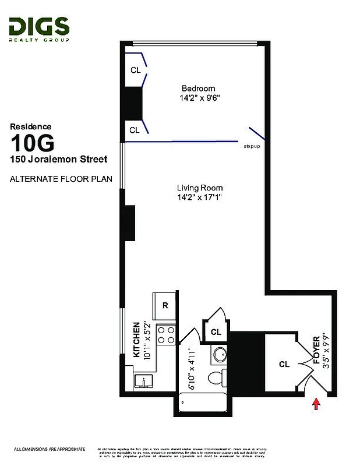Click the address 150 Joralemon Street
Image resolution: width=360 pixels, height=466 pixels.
(58, 158)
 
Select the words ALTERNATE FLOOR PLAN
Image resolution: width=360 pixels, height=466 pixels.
(61, 179)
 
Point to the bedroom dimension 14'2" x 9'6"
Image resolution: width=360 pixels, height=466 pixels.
(199, 98)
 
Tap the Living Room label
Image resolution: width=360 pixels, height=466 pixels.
(200, 188)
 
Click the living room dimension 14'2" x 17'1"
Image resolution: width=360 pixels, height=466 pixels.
(200, 198)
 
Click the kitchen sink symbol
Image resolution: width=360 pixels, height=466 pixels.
(143, 381)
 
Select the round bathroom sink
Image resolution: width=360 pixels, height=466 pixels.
(220, 355)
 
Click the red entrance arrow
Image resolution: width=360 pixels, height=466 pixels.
(316, 404)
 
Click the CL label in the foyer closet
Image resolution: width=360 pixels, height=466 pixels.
(284, 365)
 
